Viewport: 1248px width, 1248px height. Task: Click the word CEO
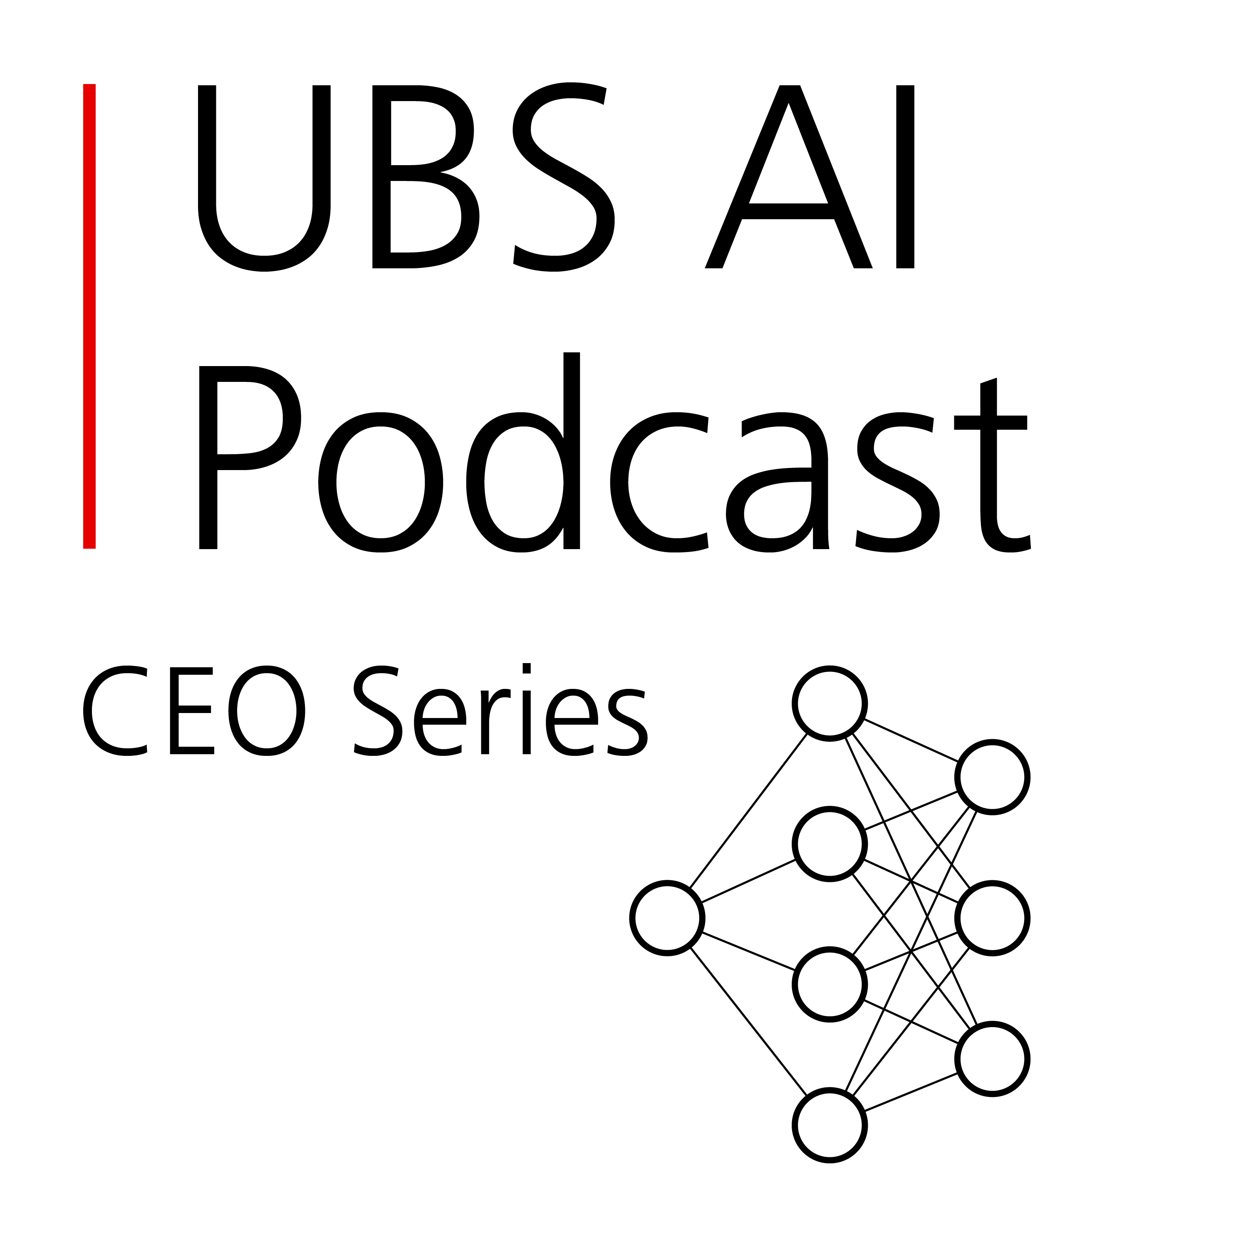[x=194, y=710]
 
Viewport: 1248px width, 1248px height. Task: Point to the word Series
[x=500, y=710]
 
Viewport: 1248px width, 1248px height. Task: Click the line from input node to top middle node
[x=748, y=811]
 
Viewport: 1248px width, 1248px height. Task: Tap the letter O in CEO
[x=266, y=710]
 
